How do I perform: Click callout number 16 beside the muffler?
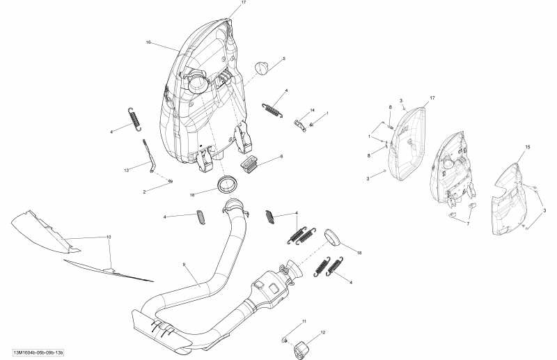(148, 42)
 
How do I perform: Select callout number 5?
(284, 58)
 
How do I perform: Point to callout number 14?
(313, 111)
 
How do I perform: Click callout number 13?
(127, 170)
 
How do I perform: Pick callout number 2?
(144, 191)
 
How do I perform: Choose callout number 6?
(281, 157)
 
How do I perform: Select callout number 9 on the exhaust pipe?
(184, 265)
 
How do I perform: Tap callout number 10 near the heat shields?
(109, 237)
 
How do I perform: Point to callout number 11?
(304, 320)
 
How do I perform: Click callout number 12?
(323, 333)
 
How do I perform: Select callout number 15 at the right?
(527, 147)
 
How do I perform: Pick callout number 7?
(468, 224)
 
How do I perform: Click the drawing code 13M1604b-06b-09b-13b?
(42, 352)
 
